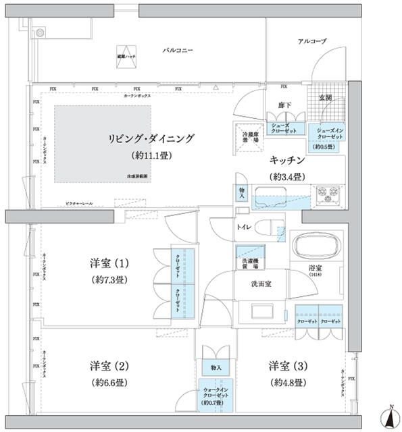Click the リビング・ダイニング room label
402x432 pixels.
[151, 138]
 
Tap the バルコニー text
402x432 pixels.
[178, 51]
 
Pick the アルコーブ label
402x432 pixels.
[311, 42]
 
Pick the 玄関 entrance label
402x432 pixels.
[324, 98]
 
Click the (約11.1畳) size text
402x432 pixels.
[151, 155]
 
